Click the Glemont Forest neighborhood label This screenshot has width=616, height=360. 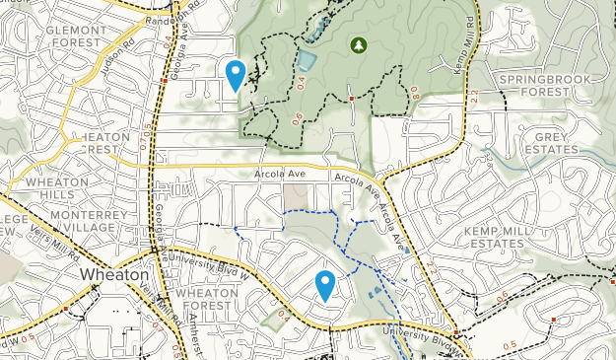74,36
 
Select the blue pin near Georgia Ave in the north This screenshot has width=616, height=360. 236,75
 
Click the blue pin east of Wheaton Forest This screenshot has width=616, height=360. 325,286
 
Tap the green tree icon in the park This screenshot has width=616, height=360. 358,44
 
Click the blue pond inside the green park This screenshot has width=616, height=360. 307,62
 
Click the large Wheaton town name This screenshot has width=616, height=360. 114,273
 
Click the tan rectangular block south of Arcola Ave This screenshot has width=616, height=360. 295,196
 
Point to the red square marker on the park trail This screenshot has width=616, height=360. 352,99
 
